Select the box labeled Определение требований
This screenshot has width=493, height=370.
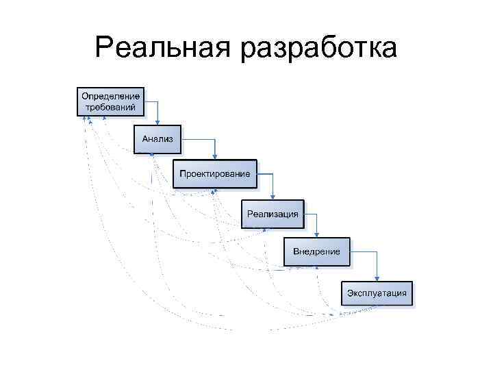point(111,101)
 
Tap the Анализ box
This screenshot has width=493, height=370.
point(157,139)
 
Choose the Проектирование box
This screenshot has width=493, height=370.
point(215,174)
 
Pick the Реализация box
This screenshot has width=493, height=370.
point(273,214)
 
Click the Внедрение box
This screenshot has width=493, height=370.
point(316,251)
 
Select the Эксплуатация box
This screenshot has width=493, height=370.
point(377,293)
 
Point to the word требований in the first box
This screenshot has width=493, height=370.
point(111,108)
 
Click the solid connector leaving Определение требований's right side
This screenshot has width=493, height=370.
point(152,102)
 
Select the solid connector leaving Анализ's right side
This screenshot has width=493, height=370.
point(199,140)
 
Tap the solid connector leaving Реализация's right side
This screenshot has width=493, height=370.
point(311,214)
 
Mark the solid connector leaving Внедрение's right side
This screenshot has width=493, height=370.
point(364,252)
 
